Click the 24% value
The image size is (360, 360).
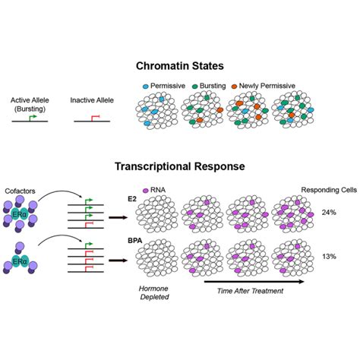pyautogui.click(x=329, y=212)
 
